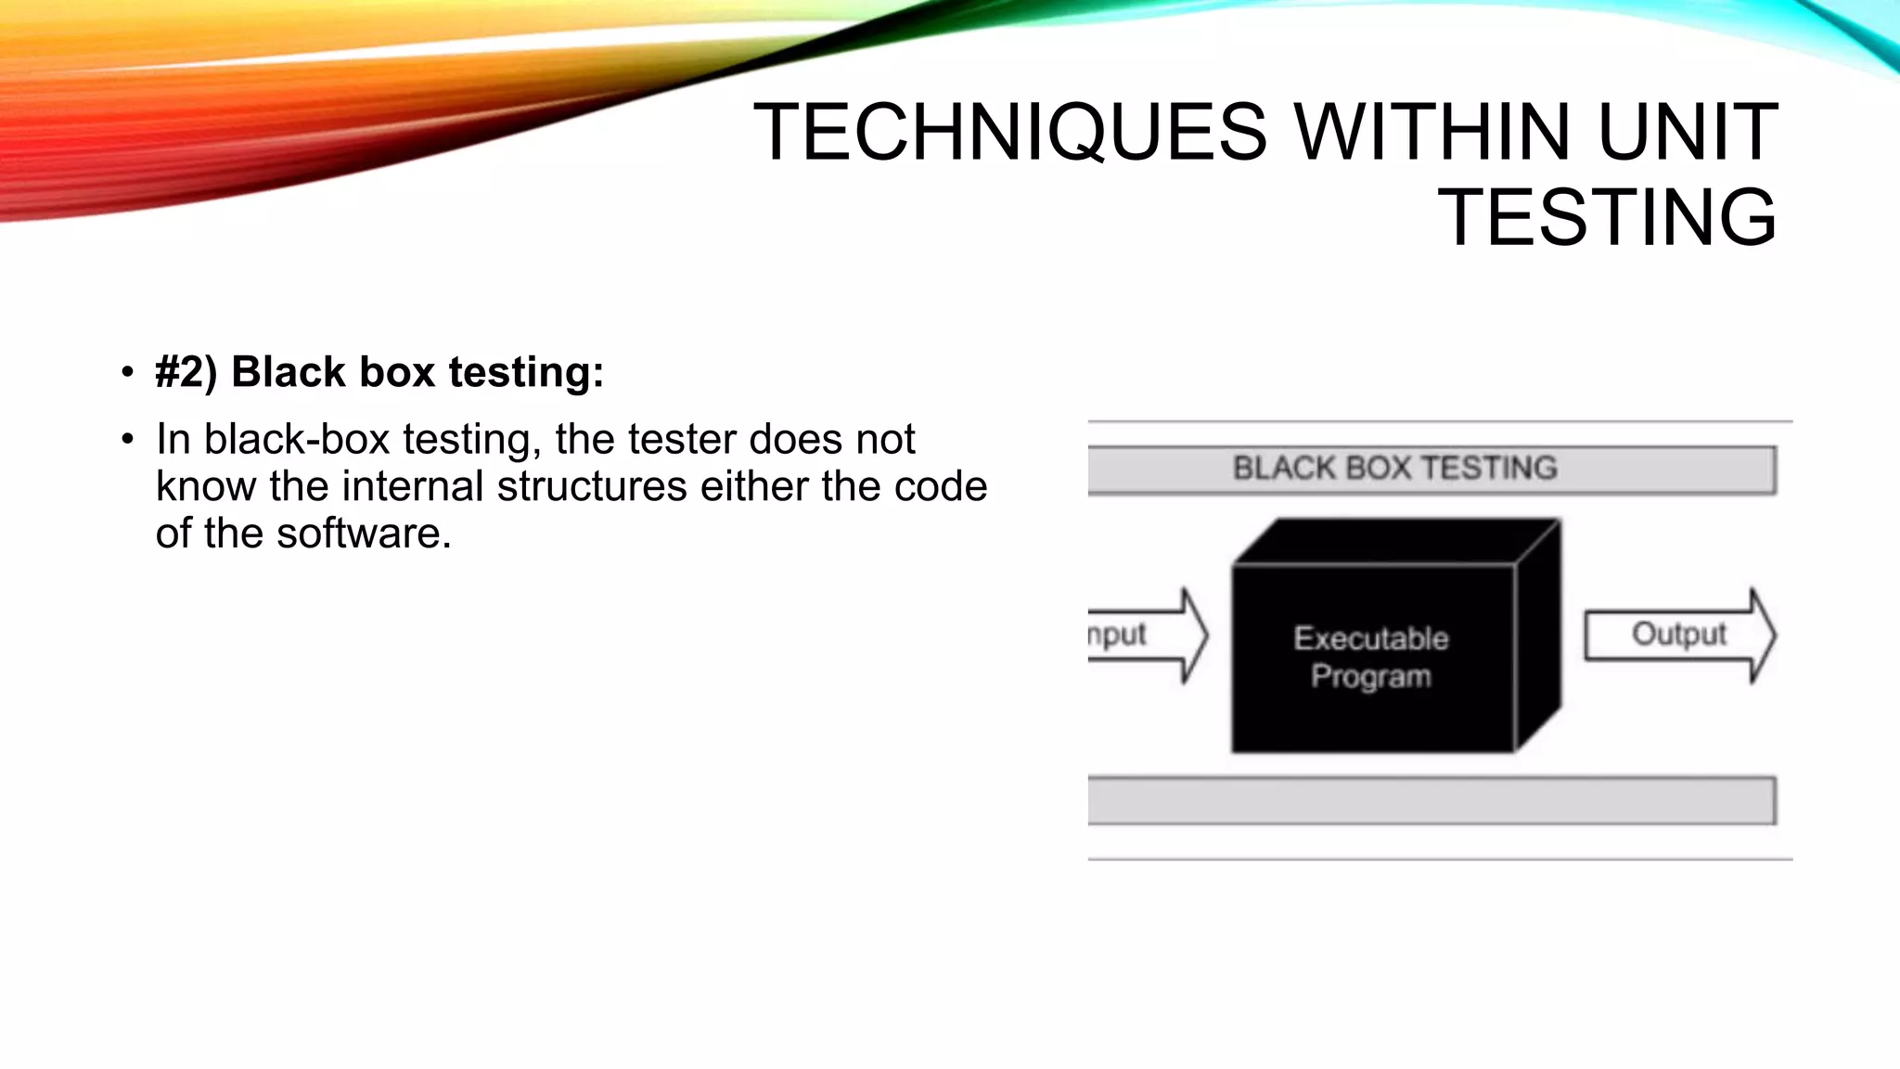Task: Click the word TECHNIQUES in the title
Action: [1009, 132]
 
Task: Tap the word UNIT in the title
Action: [1688, 132]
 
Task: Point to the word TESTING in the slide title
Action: [1607, 218]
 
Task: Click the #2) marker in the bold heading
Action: [186, 372]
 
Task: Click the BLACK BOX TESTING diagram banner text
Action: [1394, 469]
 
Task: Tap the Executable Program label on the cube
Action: [1371, 657]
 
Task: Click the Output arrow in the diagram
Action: [1679, 636]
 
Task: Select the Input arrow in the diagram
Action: [1147, 636]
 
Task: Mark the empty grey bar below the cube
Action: [1431, 801]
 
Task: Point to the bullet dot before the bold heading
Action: [127, 373]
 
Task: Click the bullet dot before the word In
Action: [127, 440]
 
